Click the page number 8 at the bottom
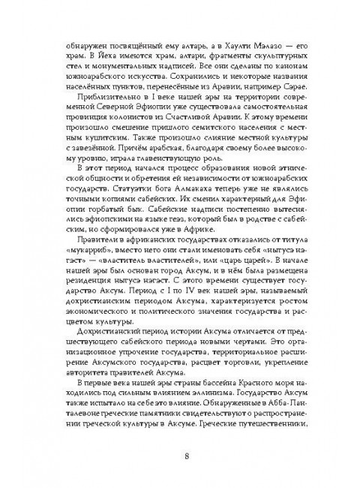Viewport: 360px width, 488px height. tap(180, 456)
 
